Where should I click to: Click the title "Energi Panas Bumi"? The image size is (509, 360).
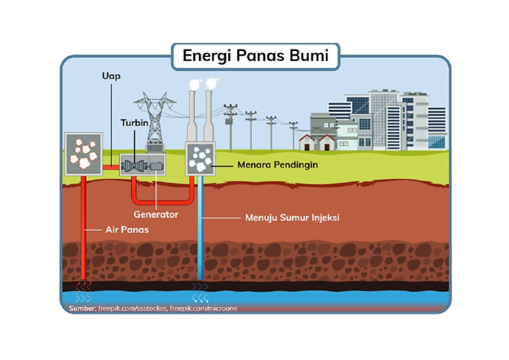click(255, 56)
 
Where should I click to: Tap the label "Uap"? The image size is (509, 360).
click(111, 76)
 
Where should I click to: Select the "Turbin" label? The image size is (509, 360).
click(135, 123)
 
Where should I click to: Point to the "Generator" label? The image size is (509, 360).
click(156, 214)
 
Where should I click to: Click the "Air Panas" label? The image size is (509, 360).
click(127, 230)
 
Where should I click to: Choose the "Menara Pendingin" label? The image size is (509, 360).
click(278, 164)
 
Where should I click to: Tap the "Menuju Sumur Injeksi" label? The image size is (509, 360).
click(292, 217)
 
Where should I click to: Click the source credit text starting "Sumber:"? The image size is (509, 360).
click(153, 308)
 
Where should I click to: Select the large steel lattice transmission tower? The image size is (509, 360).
click(155, 122)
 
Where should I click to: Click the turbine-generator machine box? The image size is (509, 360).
click(142, 164)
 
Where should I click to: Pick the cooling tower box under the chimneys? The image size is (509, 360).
click(200, 158)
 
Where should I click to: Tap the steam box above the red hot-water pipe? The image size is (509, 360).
click(84, 154)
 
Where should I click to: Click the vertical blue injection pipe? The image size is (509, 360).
click(200, 227)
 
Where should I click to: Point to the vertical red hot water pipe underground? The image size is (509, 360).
click(84, 227)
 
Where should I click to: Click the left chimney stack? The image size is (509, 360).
click(192, 116)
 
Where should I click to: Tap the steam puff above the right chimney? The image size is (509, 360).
click(211, 84)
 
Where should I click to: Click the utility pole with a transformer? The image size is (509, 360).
click(231, 127)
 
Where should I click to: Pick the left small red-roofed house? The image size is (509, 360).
click(307, 143)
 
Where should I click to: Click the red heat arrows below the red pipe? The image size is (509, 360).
click(84, 286)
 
